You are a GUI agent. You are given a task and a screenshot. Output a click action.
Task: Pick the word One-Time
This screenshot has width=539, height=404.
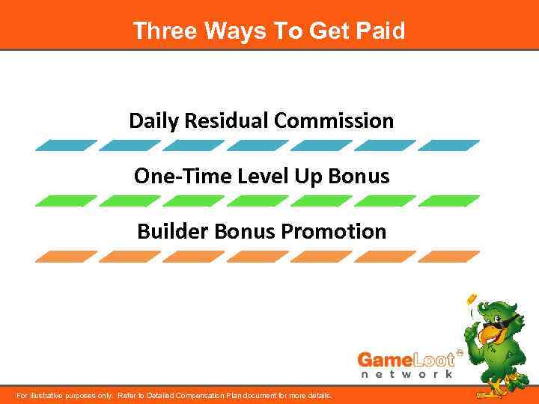(x=172, y=176)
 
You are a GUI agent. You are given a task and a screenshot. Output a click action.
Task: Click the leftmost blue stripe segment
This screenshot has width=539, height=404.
(x=66, y=146)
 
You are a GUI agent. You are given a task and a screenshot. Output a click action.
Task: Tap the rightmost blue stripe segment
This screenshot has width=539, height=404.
(x=448, y=146)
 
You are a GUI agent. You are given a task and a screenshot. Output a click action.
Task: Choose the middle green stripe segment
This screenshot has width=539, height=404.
(x=258, y=201)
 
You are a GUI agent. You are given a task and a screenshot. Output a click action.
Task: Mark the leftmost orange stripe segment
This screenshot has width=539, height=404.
(x=66, y=257)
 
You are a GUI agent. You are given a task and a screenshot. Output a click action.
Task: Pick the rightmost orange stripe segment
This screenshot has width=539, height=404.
(x=448, y=257)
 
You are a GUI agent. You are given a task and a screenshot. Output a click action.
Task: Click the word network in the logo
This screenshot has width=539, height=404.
(x=406, y=374)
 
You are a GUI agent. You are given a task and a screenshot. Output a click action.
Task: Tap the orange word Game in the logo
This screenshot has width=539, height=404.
(x=383, y=358)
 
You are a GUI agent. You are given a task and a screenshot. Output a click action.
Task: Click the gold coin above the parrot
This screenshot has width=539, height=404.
(x=472, y=299)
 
